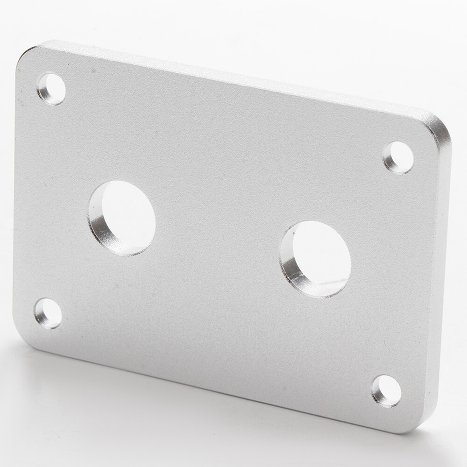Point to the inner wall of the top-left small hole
43,92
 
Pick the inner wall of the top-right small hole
389,162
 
